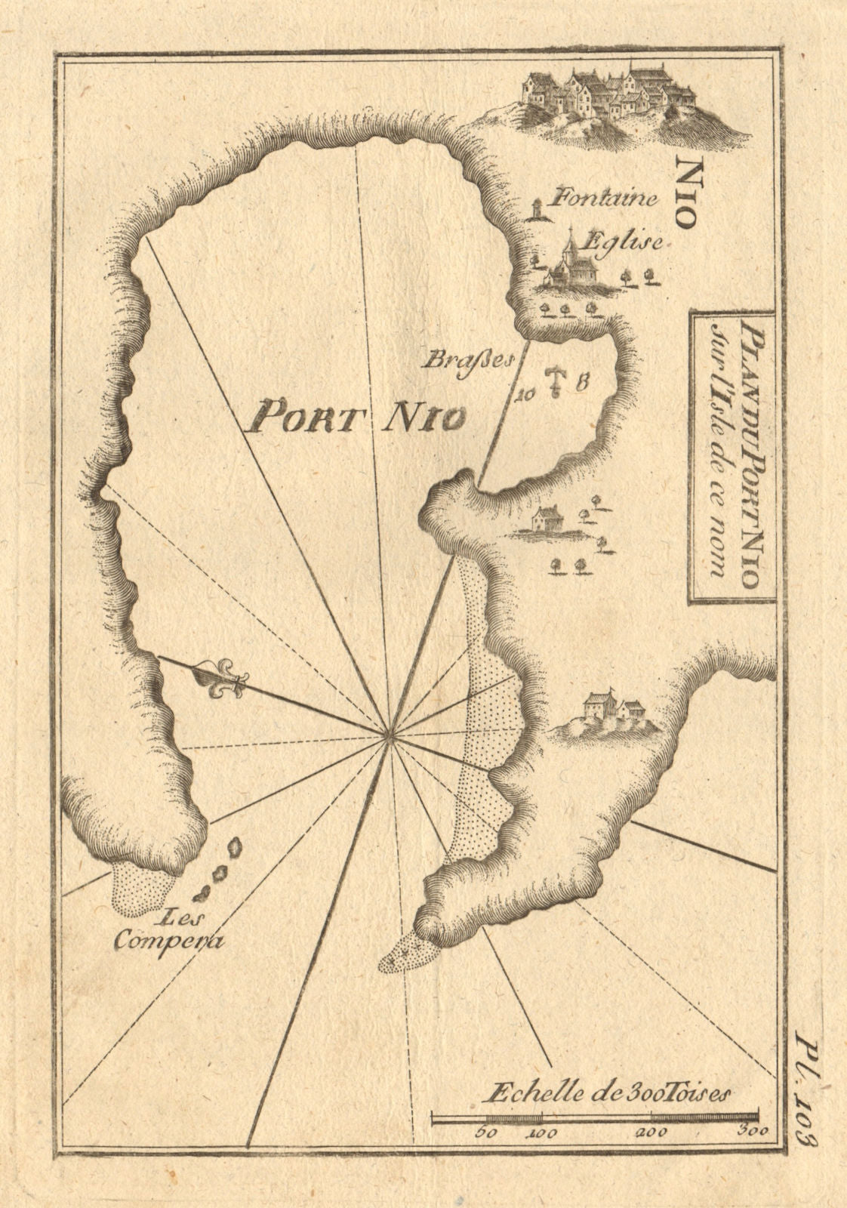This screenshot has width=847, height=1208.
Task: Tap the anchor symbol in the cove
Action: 556,381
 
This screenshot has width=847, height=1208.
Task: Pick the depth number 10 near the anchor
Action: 525,392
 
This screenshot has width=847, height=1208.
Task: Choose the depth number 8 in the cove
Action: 582,382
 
